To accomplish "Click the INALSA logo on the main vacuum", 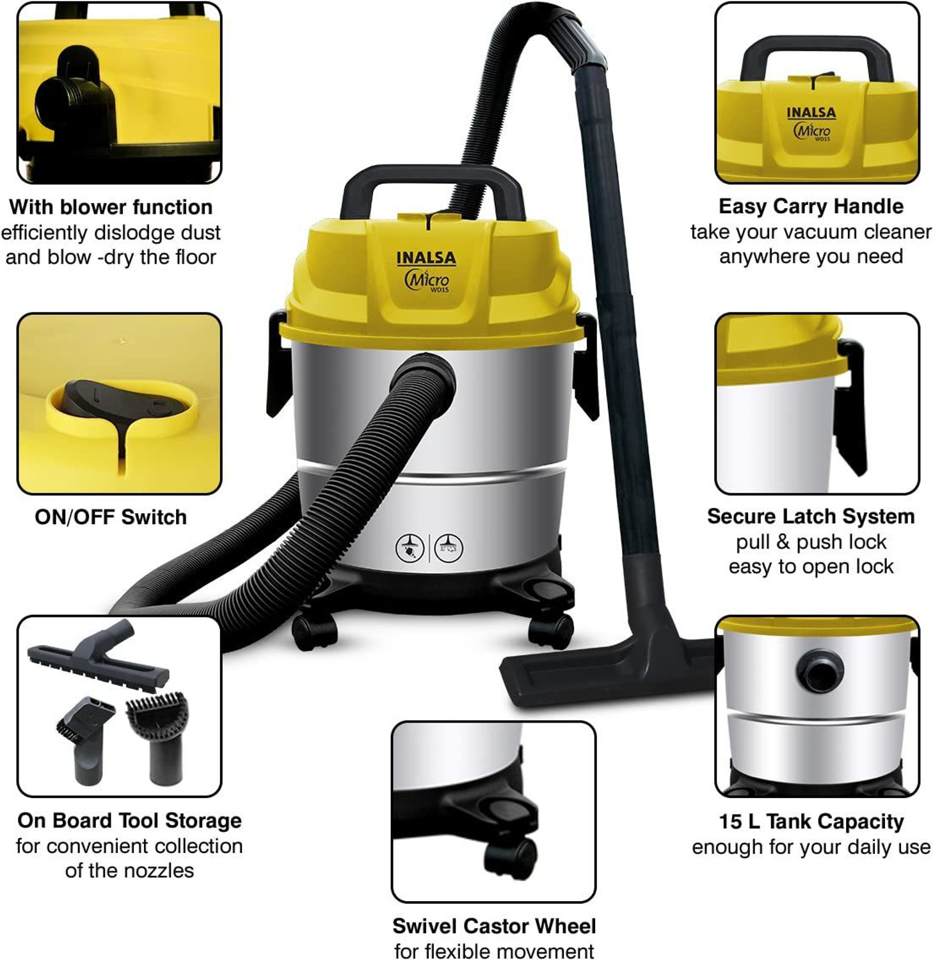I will pyautogui.click(x=426, y=258).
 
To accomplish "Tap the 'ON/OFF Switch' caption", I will pyautogui.click(x=111, y=517).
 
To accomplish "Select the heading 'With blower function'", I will pyautogui.click(x=111, y=207).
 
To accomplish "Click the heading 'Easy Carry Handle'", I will pyautogui.click(x=811, y=207).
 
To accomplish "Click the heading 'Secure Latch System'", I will pyautogui.click(x=811, y=516).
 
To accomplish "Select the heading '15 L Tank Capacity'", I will pyautogui.click(x=811, y=821).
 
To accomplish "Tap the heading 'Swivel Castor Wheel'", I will pyautogui.click(x=493, y=926).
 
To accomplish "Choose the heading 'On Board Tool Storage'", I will pyautogui.click(x=129, y=820).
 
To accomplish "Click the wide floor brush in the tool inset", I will pyautogui.click(x=99, y=666).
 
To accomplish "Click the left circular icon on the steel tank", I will pyautogui.click(x=410, y=548).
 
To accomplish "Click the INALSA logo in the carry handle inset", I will pyautogui.click(x=811, y=113).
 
